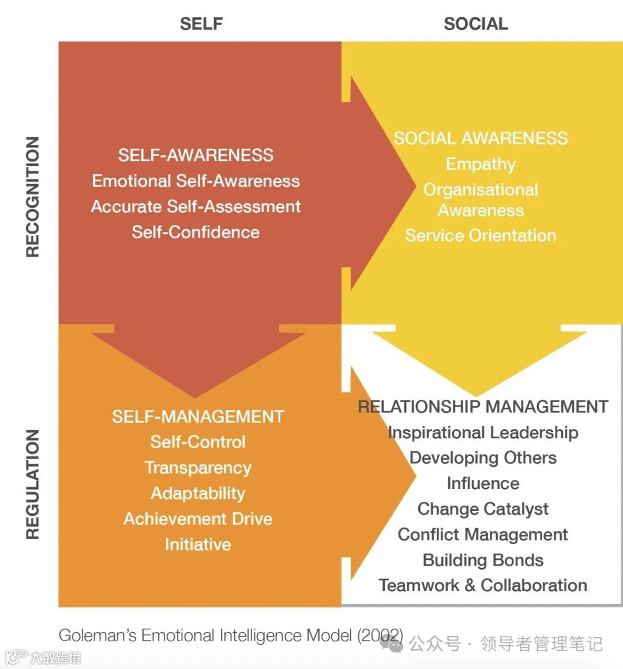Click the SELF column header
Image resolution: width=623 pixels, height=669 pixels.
[201, 24]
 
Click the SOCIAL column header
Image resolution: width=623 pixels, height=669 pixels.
[475, 24]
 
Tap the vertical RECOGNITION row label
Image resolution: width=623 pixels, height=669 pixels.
[33, 197]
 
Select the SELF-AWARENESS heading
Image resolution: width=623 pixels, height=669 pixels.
[196, 155]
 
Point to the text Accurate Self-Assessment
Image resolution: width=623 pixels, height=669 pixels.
[196, 206]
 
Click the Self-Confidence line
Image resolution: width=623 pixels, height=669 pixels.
[196, 232]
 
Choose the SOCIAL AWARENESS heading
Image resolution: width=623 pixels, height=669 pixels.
[481, 138]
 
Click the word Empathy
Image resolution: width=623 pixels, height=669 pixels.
[481, 164]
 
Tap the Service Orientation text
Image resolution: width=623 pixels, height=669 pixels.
[481, 235]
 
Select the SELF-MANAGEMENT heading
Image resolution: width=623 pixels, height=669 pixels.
[198, 416]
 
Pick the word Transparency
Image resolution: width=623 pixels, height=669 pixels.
[198, 468]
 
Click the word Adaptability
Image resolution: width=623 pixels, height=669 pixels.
[198, 493]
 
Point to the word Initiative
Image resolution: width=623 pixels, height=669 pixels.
[198, 544]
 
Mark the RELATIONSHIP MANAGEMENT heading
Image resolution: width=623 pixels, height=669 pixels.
[483, 407]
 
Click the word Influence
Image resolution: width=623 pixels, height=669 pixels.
[483, 483]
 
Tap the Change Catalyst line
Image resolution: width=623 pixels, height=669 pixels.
[483, 509]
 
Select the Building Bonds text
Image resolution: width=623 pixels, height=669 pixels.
[483, 560]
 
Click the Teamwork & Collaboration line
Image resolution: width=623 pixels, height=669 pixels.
[483, 585]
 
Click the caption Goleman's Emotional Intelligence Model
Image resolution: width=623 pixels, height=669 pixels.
[231, 636]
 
